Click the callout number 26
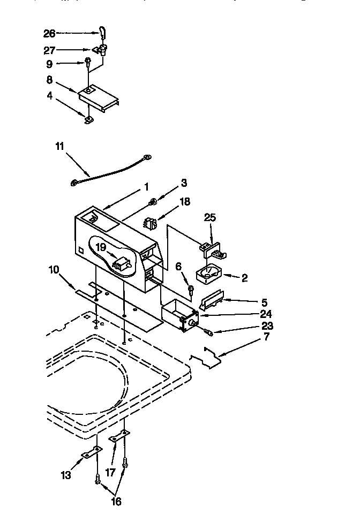point(49,33)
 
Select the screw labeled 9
point(88,63)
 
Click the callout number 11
point(60,145)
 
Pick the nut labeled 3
point(153,201)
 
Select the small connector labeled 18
point(150,222)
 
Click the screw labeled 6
point(190,290)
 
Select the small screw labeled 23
point(209,333)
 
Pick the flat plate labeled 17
point(118,438)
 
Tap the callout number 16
point(116,501)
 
